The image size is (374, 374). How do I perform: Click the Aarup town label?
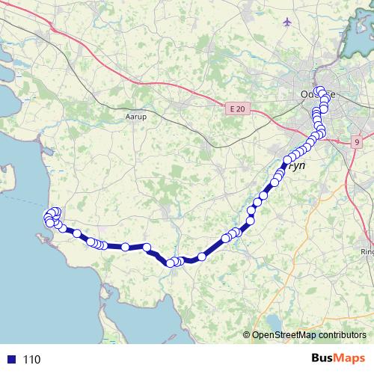point(135,117)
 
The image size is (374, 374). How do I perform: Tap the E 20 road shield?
point(237,109)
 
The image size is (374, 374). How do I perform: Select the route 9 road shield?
point(358,141)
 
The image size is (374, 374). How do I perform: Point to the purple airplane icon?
point(288,22)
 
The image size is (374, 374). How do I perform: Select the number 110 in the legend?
point(31,360)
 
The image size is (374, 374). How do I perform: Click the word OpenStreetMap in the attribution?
point(285,336)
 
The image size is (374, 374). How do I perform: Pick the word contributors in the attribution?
point(342,336)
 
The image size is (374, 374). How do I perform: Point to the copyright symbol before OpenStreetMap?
point(247,336)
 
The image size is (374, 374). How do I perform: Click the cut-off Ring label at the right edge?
point(367,252)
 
